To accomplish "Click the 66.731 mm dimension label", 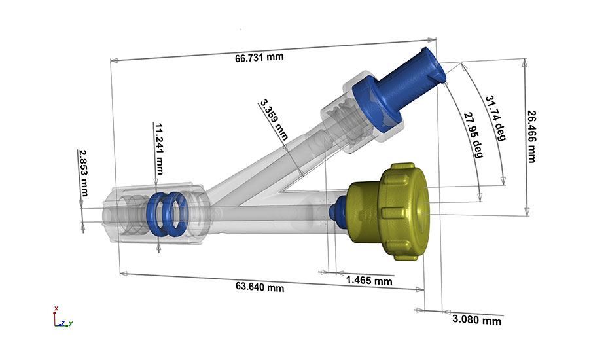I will [259, 57].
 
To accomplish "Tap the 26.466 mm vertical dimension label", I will [531, 135].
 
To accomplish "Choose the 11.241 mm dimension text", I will [158, 145].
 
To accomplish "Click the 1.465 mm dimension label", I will [368, 281].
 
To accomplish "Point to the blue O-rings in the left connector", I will [166, 212].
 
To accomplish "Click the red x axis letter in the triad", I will [57, 308].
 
